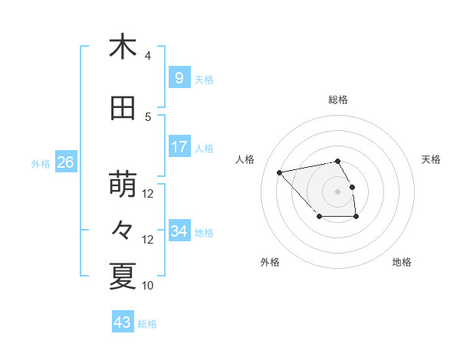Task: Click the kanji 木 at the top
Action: (123, 47)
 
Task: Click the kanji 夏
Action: (123, 276)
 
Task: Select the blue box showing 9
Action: (179, 78)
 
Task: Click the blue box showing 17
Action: (179, 147)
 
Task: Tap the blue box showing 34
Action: (179, 231)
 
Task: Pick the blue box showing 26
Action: (65, 162)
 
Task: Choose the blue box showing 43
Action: (123, 322)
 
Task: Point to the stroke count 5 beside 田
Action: (147, 117)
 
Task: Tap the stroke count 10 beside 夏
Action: (148, 285)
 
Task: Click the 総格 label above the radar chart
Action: (338, 100)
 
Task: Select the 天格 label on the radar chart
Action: (431, 159)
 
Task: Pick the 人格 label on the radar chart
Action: (245, 159)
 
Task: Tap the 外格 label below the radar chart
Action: (270, 262)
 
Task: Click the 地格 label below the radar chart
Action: (402, 262)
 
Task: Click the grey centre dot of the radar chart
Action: (337, 191)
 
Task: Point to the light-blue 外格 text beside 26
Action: (41, 163)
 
